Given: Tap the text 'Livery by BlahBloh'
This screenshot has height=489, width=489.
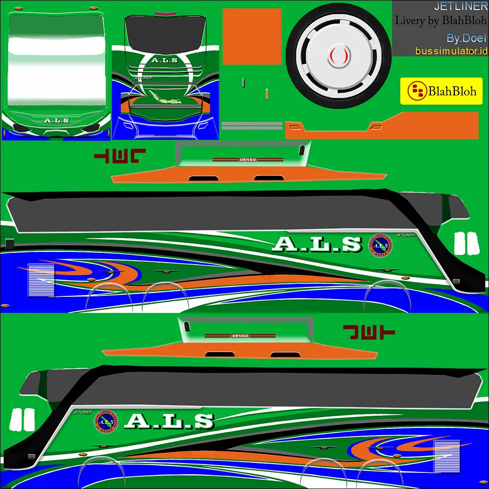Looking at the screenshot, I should coord(441,21).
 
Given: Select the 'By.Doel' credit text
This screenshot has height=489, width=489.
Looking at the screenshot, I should coord(467,38).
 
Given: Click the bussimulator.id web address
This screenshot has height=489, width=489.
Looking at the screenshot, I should coord(451,51).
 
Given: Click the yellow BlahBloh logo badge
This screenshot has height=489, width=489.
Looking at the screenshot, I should coord(441,90).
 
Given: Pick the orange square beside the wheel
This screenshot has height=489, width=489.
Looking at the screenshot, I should coord(252,37).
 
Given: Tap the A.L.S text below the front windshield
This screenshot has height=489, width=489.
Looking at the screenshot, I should coord(57,120).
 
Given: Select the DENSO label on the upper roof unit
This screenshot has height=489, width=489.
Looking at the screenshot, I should coord(247,159).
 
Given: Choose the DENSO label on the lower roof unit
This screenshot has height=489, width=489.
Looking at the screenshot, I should coord(240,336).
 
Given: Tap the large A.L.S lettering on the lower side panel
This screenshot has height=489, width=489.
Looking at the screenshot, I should coord(170,421).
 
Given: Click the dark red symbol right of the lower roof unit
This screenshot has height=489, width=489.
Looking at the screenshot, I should coord(368,332).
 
